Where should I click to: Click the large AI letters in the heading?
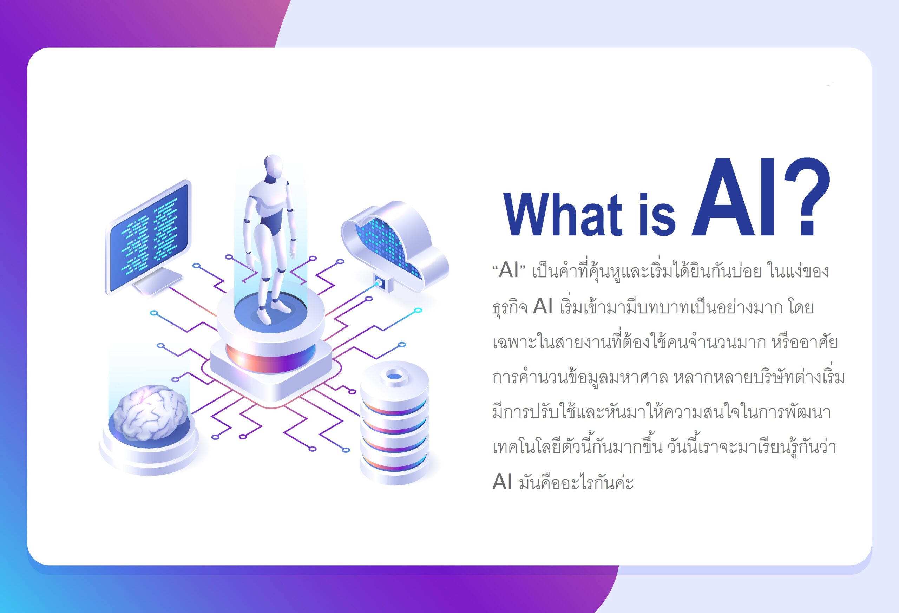pyautogui.click(x=733, y=197)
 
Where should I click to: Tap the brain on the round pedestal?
pyautogui.click(x=151, y=412)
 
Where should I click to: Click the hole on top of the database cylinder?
pyautogui.click(x=394, y=376)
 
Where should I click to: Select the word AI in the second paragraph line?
pyautogui.click(x=543, y=306)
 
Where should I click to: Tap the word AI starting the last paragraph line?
pyautogui.click(x=502, y=482)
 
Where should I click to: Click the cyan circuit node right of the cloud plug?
pyautogui.click(x=418, y=311)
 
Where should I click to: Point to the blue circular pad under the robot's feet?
pyautogui.click(x=271, y=312)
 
